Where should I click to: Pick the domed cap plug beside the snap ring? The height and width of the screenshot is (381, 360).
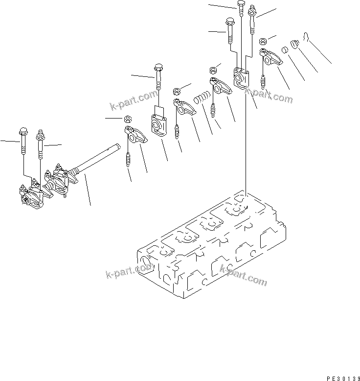pos(293,46)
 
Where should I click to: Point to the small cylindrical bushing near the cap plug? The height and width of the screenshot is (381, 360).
pos(283,50)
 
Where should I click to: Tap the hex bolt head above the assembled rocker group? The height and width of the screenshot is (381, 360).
pos(23,132)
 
